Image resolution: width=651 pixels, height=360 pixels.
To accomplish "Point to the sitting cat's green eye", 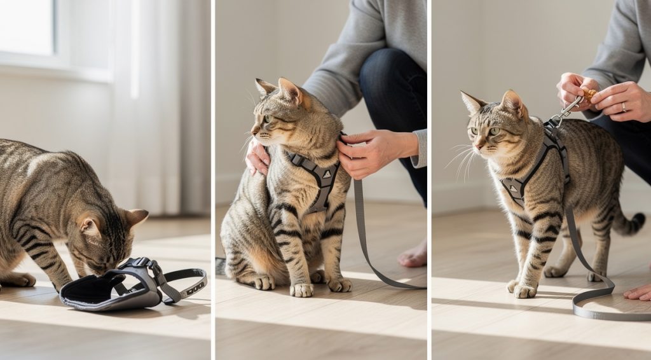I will [x=268, y=118].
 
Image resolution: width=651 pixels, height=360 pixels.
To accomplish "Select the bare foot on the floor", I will [x=413, y=255].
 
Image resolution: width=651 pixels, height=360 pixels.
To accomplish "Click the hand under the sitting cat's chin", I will [x=257, y=158].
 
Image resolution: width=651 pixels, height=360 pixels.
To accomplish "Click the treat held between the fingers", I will [x=591, y=95].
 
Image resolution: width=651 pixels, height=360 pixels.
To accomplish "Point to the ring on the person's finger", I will [x=624, y=107].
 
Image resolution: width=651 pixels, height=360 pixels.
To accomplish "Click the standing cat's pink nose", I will [x=474, y=146].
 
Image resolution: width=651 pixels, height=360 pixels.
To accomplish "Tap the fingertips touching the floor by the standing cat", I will [x=638, y=292].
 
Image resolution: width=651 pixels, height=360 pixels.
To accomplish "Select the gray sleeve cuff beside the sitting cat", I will [x=420, y=148].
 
